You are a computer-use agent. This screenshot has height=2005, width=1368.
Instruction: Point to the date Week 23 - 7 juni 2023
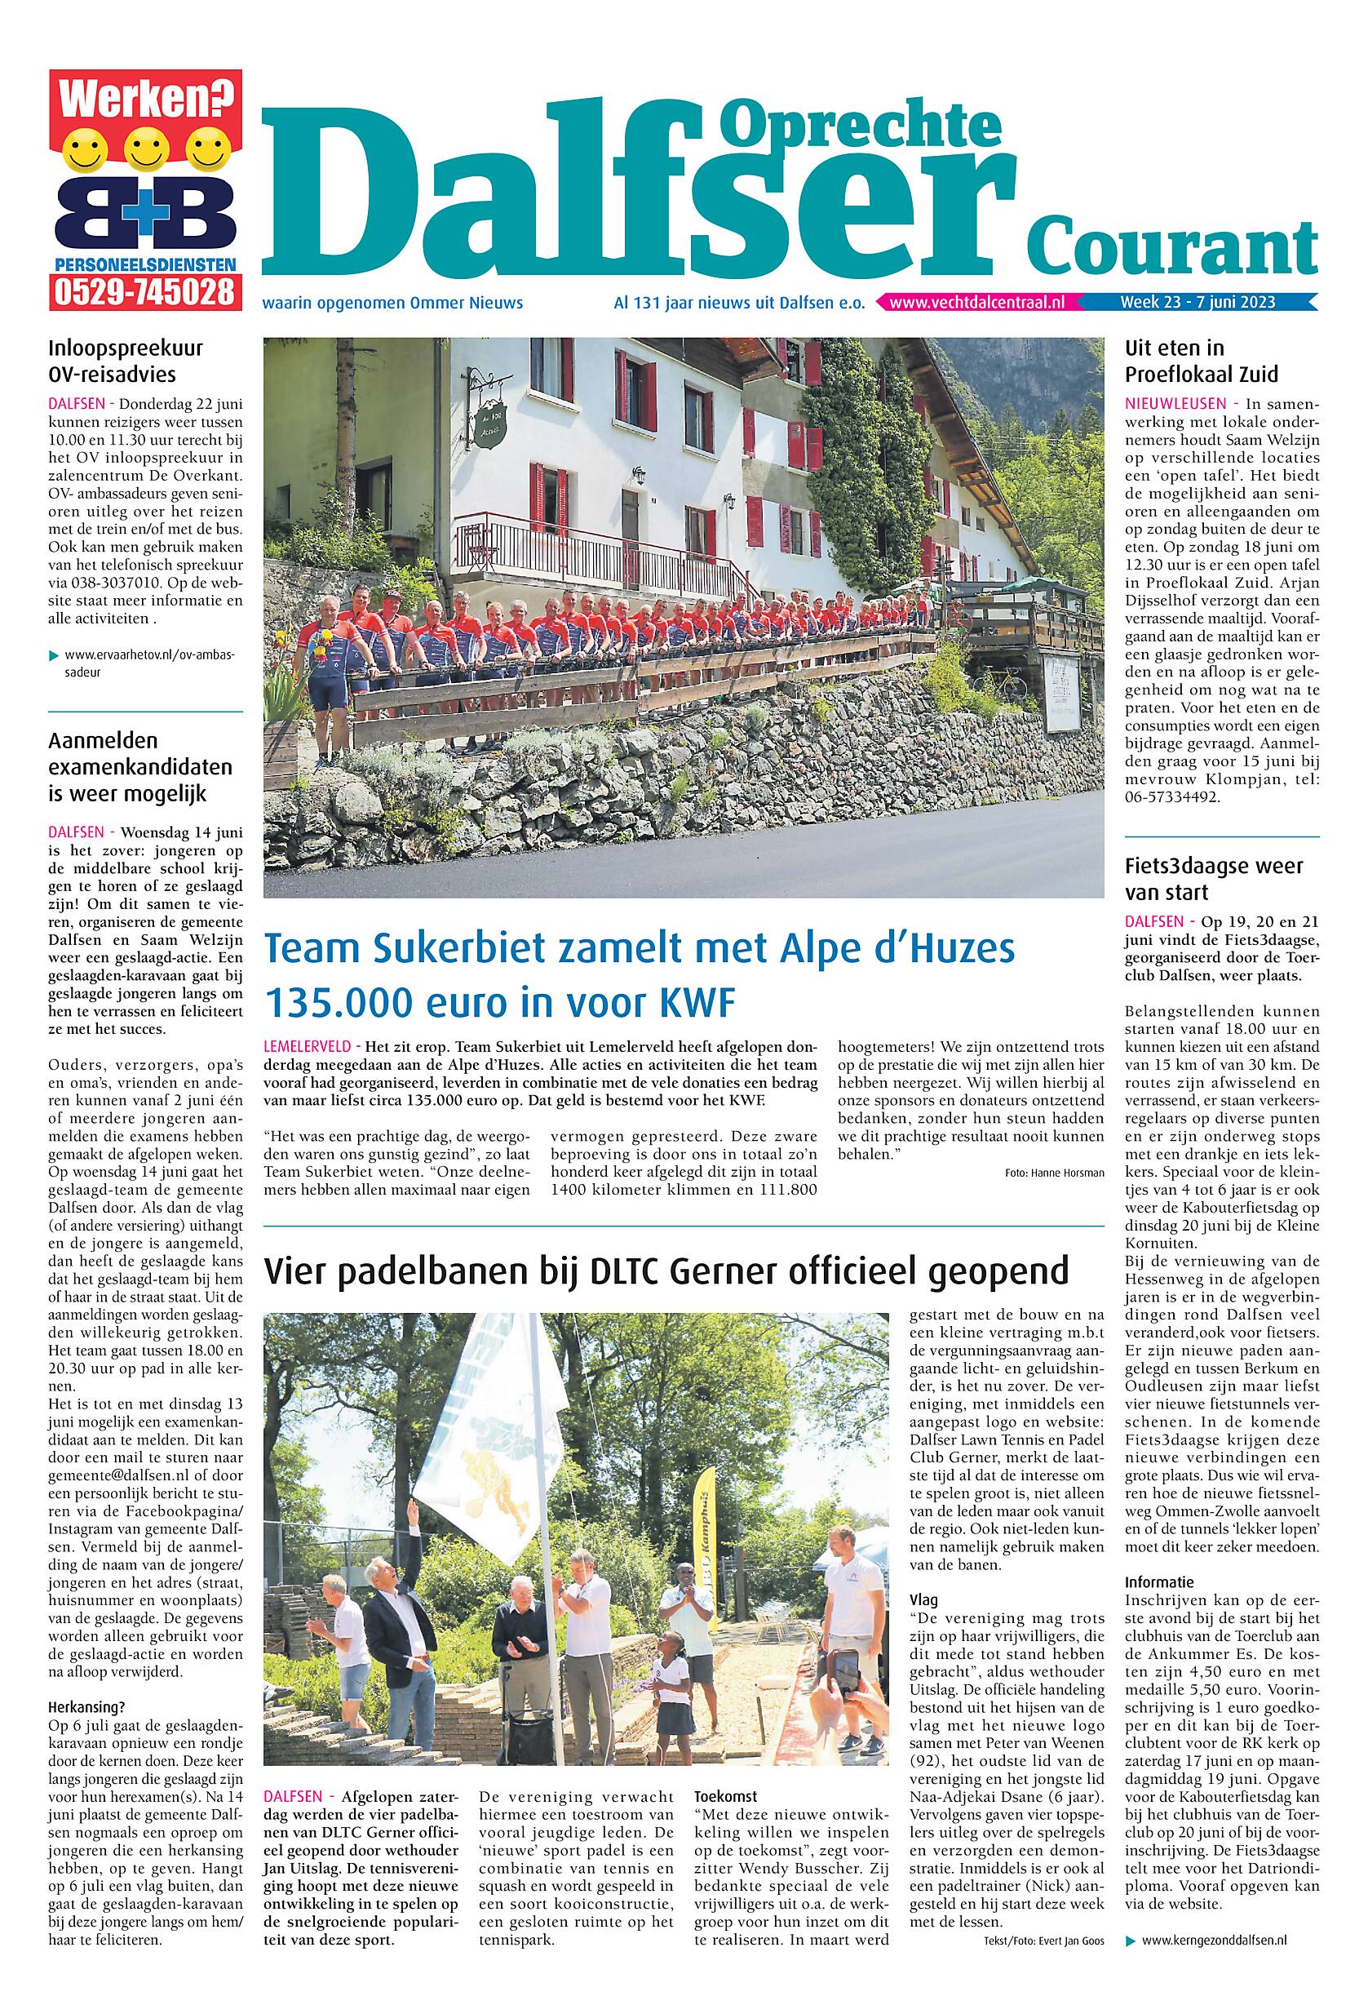coord(1198,303)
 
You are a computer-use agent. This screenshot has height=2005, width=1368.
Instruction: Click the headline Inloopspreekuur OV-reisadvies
coord(125,362)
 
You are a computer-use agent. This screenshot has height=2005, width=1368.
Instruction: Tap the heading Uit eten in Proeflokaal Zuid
coord(1201,362)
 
